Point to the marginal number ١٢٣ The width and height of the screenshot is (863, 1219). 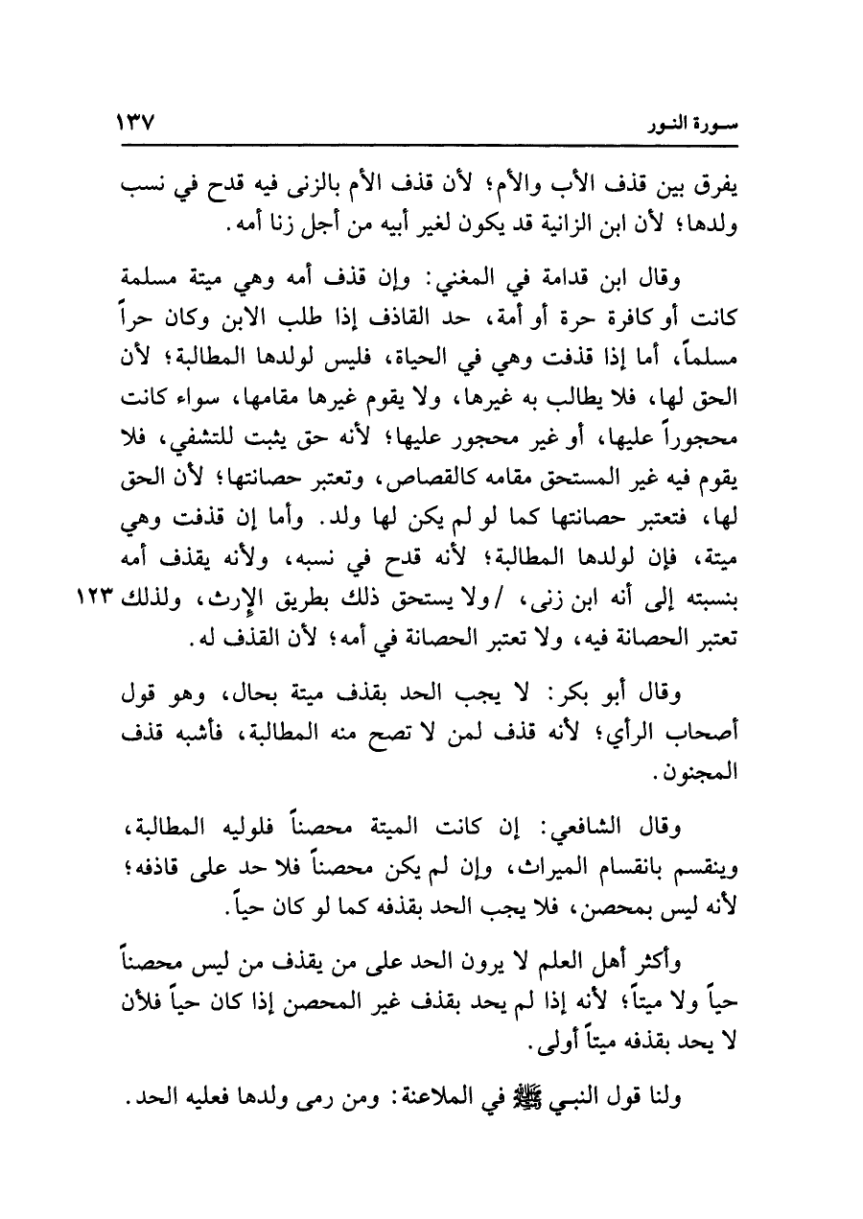[92, 598]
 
